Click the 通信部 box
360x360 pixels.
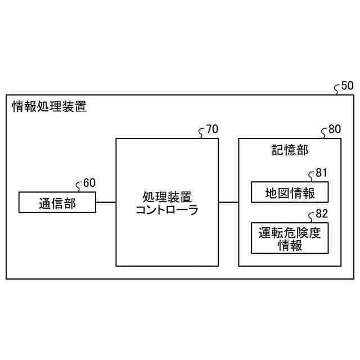coord(57,202)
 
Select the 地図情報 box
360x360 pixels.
coord(289,192)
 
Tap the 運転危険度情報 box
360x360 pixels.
coord(289,238)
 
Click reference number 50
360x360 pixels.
coord(348,86)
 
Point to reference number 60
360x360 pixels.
coord(89,183)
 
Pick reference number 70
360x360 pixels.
coord(212,130)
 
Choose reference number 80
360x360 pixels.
coord(334,130)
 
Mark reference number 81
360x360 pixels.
coord(321,173)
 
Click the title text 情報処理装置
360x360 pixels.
coord(49,106)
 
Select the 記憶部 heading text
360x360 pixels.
coord(290,150)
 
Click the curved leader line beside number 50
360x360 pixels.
coord(337,89)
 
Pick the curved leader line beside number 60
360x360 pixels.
coord(79,186)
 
